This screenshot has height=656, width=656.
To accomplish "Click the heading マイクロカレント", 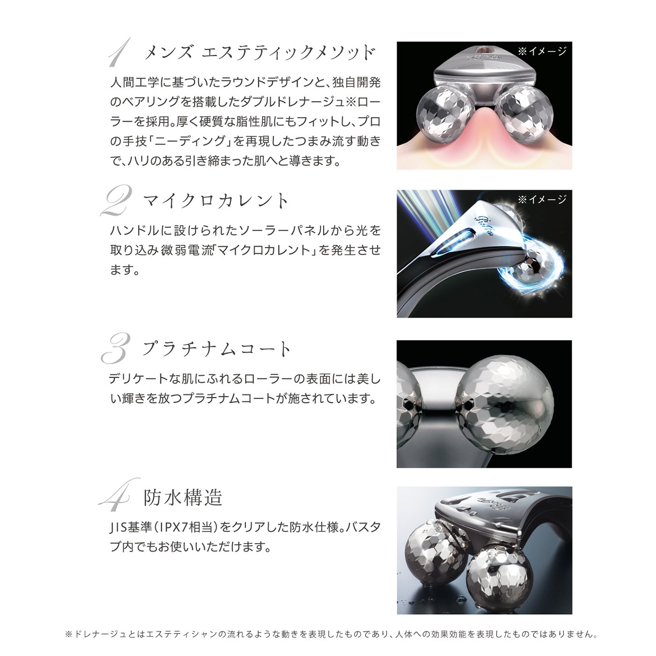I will coord(216,201).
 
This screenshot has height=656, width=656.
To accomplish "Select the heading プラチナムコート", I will coord(217,349).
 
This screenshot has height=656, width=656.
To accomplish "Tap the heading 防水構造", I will coord(183,498).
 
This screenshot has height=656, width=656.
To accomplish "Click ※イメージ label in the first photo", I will coord(542,52).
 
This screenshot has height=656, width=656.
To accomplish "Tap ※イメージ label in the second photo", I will coord(542,200).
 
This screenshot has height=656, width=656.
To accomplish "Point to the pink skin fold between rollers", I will coord(483,136).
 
